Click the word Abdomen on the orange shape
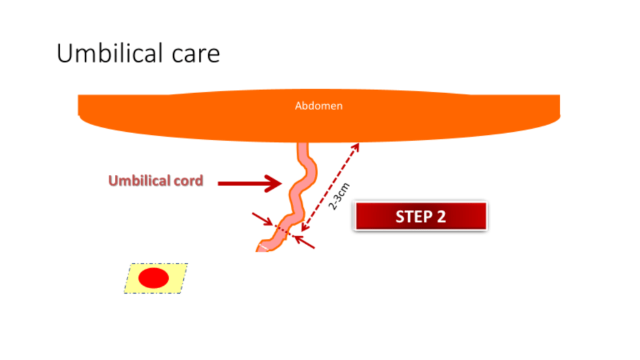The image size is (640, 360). [x=319, y=106]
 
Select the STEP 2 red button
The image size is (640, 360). [x=420, y=216]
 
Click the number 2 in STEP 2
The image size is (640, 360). [x=441, y=217]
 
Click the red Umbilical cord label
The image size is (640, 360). [x=156, y=181]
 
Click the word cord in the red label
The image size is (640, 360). [x=189, y=181]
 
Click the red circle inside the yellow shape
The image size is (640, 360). [x=153, y=278]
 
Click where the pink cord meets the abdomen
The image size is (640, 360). [x=302, y=146]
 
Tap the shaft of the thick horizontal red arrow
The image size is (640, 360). [x=241, y=183]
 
